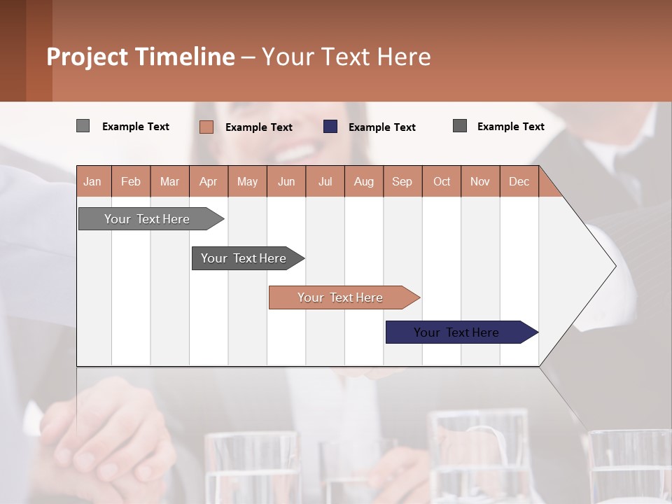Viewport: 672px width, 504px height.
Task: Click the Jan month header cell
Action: (x=93, y=181)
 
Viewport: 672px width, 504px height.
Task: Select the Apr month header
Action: (x=209, y=181)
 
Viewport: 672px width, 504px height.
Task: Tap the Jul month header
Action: (x=325, y=181)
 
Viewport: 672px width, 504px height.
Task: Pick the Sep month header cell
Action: (x=402, y=181)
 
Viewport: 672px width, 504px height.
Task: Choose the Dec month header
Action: (x=519, y=181)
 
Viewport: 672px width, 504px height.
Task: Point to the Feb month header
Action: (x=131, y=181)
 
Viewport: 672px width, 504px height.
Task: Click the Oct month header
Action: (x=442, y=181)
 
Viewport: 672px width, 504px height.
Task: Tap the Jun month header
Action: (x=286, y=181)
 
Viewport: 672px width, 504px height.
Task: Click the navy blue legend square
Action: (x=330, y=127)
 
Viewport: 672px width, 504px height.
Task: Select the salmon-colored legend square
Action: (x=206, y=127)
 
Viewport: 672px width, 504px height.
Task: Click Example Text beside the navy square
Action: (x=382, y=127)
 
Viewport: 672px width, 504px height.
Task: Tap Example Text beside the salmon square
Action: (x=259, y=127)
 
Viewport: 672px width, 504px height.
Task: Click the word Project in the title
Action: (x=88, y=57)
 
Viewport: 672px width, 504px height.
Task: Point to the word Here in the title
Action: (x=404, y=57)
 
